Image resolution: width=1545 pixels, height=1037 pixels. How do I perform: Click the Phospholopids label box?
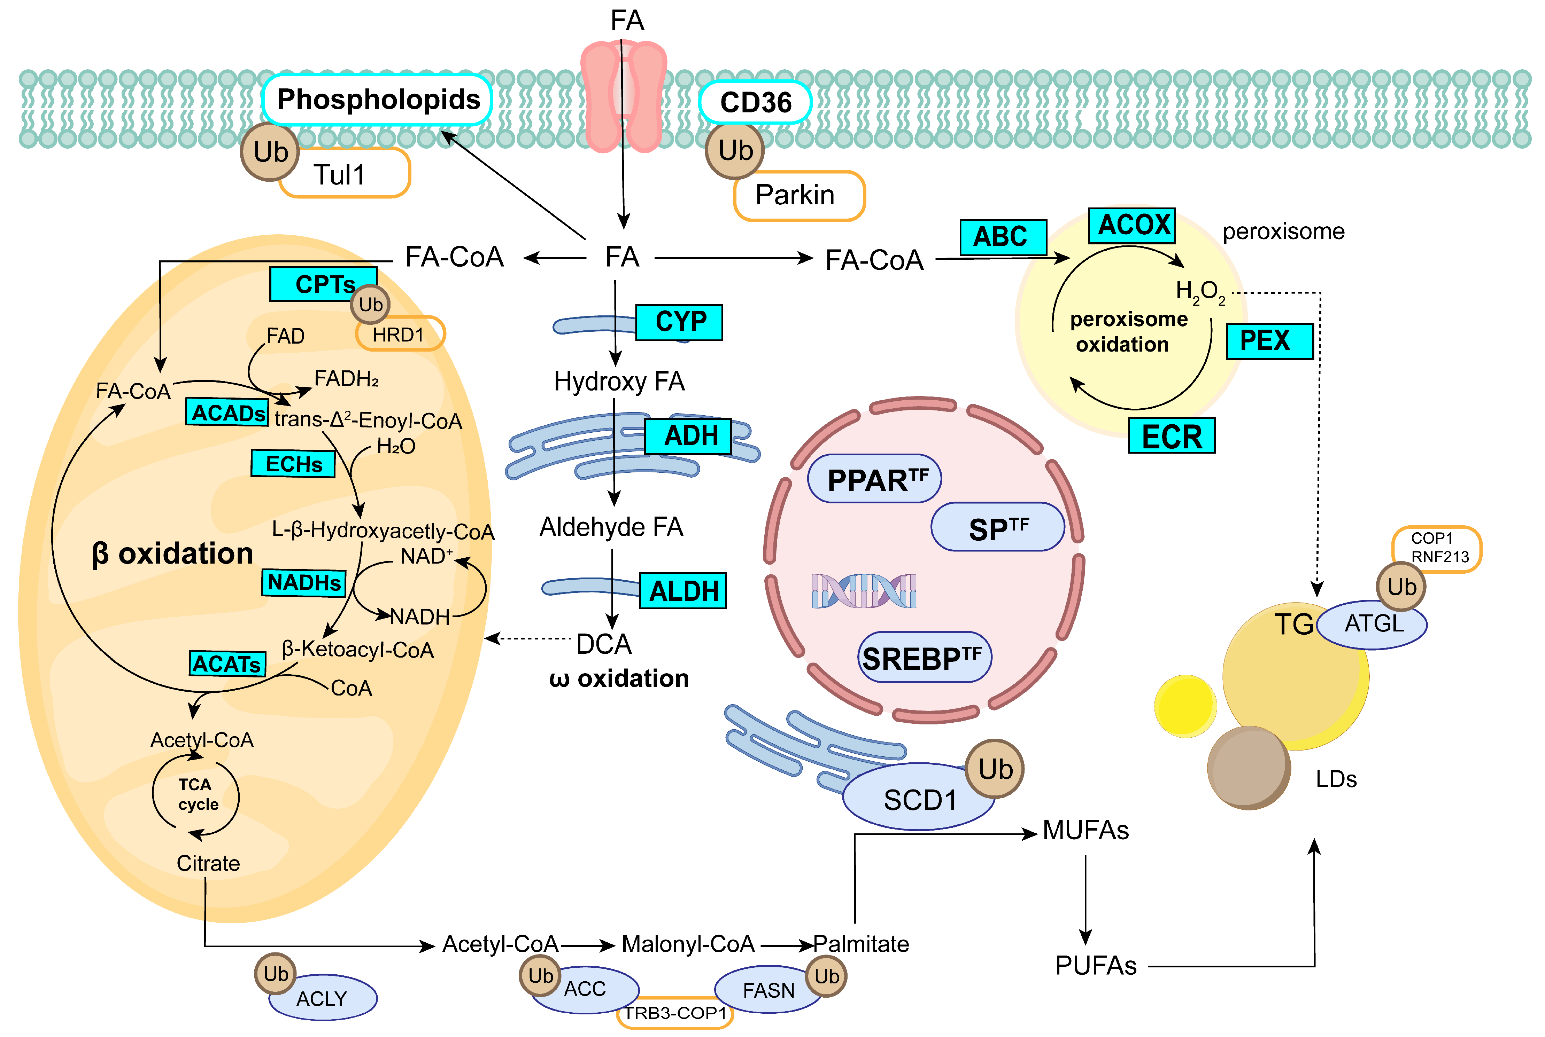tap(377, 100)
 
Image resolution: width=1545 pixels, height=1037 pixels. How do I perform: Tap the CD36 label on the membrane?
tap(756, 102)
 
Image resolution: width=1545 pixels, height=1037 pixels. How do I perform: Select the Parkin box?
tap(799, 196)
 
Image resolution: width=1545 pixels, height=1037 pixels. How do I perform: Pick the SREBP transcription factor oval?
tap(924, 657)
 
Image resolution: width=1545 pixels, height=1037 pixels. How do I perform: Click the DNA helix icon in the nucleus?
tap(864, 591)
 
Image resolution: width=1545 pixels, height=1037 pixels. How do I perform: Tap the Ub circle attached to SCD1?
tap(995, 769)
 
